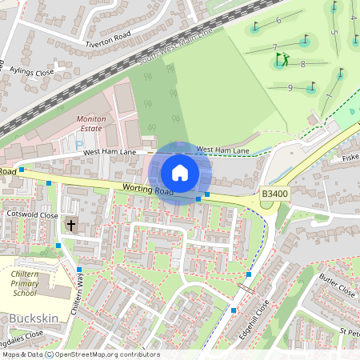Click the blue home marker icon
tap(180, 173)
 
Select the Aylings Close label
tap(32, 71)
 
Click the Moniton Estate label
tap(90, 123)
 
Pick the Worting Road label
tap(148, 190)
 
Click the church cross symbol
tap(70, 225)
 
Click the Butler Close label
tap(336, 285)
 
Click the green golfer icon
tap(282, 59)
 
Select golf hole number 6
tap(278, 20)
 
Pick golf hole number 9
tap(290, 87)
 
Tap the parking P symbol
tap(78, 146)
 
